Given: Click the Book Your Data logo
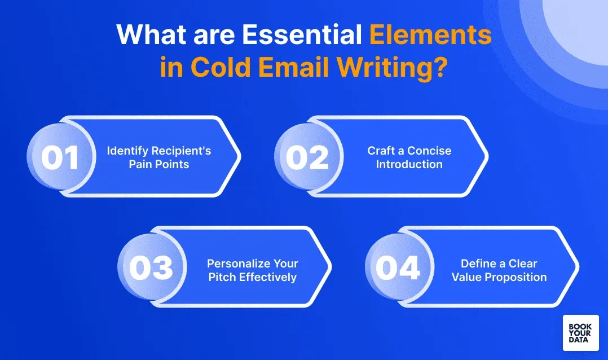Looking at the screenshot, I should [580, 333].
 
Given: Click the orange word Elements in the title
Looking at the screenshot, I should [430, 36].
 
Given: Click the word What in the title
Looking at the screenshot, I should [149, 36].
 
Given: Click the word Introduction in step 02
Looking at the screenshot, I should [409, 164].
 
